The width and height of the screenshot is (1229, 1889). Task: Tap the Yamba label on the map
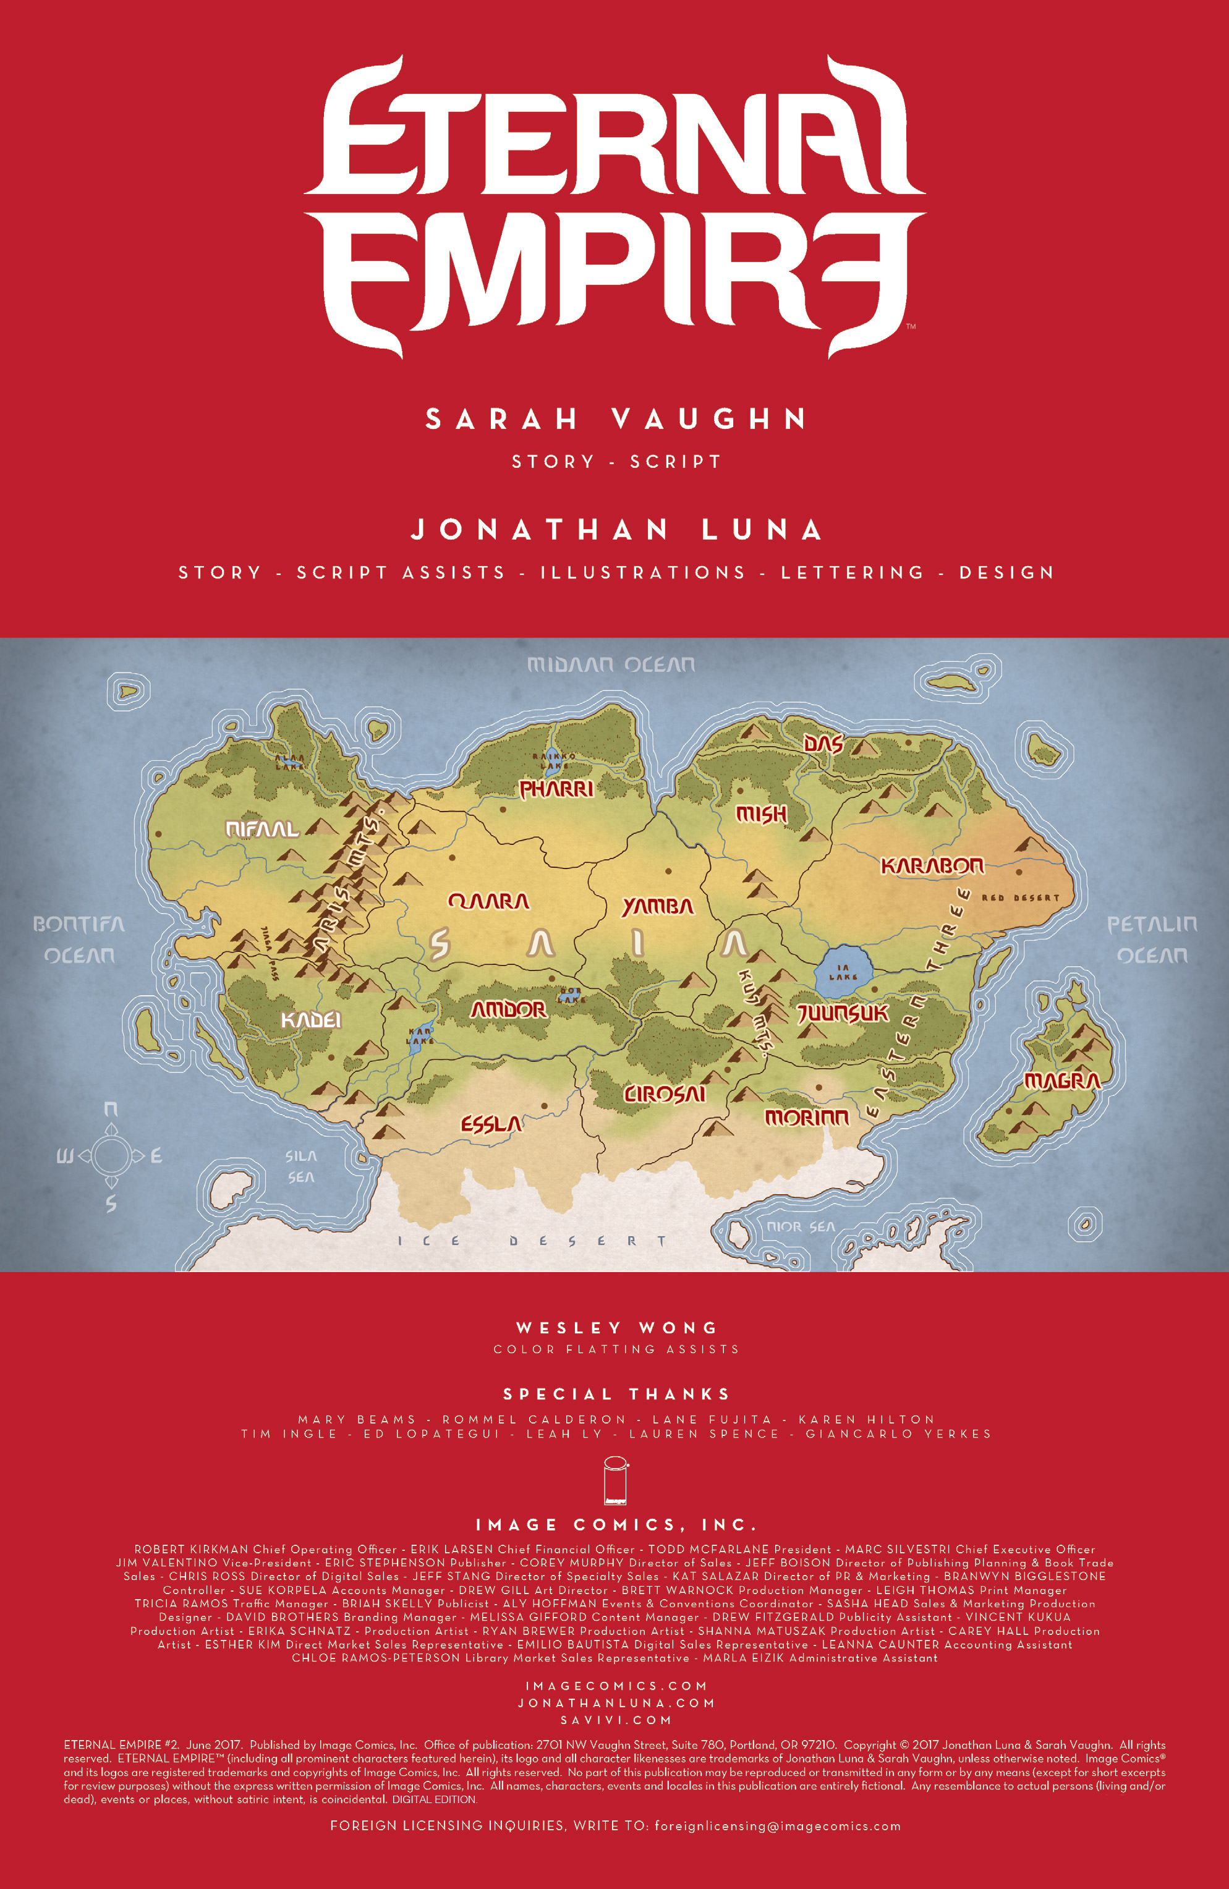coord(657,906)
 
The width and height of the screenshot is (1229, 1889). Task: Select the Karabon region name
coord(932,866)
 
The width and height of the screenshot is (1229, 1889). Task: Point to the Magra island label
coord(1062,1081)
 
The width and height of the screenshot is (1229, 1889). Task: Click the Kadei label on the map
coord(311,1020)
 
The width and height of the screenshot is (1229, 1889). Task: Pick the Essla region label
coord(491,1124)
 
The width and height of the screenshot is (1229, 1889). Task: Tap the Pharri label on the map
coord(556,789)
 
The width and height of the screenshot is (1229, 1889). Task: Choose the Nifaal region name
coord(262,830)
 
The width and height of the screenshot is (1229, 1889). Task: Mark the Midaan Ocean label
coord(611,664)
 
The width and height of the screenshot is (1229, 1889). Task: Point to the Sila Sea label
coord(301,1167)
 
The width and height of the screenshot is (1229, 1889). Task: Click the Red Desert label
coord(1020,898)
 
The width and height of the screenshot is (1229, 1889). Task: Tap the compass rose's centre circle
coord(111,1156)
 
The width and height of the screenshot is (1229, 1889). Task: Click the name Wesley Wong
coord(616,1328)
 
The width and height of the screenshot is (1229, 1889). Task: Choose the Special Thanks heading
coord(616,1394)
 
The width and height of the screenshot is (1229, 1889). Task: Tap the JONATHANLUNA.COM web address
coord(616,1702)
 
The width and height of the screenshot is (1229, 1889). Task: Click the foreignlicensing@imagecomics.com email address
coord(777,1825)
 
